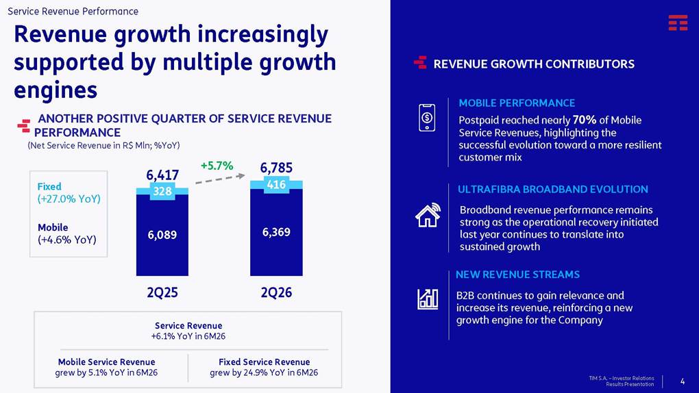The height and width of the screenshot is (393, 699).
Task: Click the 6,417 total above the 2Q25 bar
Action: click(x=162, y=175)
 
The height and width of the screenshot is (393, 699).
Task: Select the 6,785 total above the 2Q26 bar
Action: click(x=276, y=168)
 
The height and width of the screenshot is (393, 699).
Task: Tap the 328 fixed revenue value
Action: click(x=162, y=191)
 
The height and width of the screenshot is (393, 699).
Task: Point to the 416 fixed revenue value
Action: click(x=276, y=184)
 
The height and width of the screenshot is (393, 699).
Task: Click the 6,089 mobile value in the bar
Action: click(x=162, y=235)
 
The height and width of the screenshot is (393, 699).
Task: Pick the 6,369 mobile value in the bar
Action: click(x=276, y=232)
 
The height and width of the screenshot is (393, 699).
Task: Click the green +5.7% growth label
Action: click(x=217, y=166)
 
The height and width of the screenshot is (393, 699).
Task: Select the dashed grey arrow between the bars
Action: click(x=220, y=179)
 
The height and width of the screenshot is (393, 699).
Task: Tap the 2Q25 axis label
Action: click(x=162, y=293)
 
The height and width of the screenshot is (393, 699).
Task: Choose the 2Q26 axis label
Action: click(x=276, y=293)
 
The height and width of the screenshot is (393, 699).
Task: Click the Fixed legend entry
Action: click(x=49, y=187)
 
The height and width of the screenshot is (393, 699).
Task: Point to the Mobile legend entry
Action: click(x=53, y=227)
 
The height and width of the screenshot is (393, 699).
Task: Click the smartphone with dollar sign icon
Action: click(x=427, y=118)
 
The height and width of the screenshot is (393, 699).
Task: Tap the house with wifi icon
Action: click(x=428, y=215)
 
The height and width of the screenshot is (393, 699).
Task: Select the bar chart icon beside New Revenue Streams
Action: click(x=428, y=299)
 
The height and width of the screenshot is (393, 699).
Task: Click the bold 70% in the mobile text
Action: click(x=585, y=120)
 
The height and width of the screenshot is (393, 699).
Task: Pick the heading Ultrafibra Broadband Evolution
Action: click(x=553, y=190)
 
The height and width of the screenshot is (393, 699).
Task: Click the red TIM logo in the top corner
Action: click(x=678, y=23)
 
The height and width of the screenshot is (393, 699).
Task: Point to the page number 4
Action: click(x=683, y=381)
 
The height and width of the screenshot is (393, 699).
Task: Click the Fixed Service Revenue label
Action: click(x=264, y=362)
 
